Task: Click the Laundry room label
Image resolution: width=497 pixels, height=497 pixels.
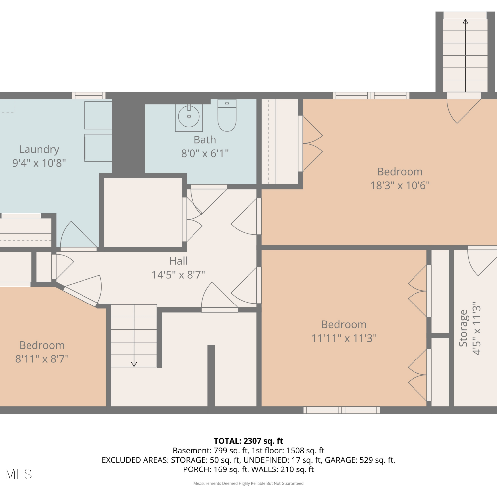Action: pyautogui.click(x=39, y=150)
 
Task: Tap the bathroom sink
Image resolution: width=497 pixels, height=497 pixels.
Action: pyautogui.click(x=189, y=117)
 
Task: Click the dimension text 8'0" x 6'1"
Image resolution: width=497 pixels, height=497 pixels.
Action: pyautogui.click(x=205, y=154)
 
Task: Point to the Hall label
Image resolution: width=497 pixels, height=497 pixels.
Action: pyautogui.click(x=178, y=261)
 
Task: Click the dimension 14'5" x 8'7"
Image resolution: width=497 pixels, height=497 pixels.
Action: pyautogui.click(x=178, y=275)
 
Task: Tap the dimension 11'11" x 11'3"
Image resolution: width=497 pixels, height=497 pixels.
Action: pyautogui.click(x=344, y=338)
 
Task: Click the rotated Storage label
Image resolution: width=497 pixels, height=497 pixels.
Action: pyautogui.click(x=463, y=328)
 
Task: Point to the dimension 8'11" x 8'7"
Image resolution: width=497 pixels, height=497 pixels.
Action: pyautogui.click(x=42, y=359)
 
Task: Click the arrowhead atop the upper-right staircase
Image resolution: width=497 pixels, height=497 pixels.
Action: pyautogui.click(x=465, y=22)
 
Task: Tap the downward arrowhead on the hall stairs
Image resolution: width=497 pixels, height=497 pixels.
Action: pyautogui.click(x=134, y=364)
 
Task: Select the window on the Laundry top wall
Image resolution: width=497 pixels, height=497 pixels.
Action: pyautogui.click(x=88, y=96)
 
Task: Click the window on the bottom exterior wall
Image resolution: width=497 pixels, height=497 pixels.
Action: pyautogui.click(x=342, y=410)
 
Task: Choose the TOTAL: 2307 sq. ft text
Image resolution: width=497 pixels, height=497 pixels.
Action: pyautogui.click(x=248, y=441)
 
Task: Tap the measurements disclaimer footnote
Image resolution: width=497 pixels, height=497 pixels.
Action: pyautogui.click(x=248, y=484)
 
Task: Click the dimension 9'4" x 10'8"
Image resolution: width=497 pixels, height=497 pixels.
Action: pyautogui.click(x=39, y=163)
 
